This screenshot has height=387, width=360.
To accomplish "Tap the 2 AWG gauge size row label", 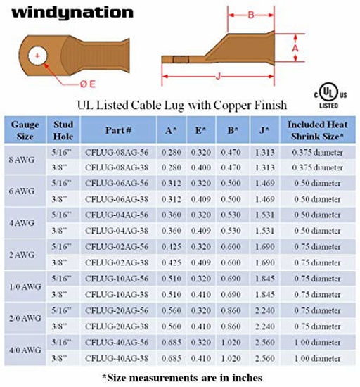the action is coord(25,251).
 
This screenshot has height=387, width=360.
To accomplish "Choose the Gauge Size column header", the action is coord(25,130).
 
